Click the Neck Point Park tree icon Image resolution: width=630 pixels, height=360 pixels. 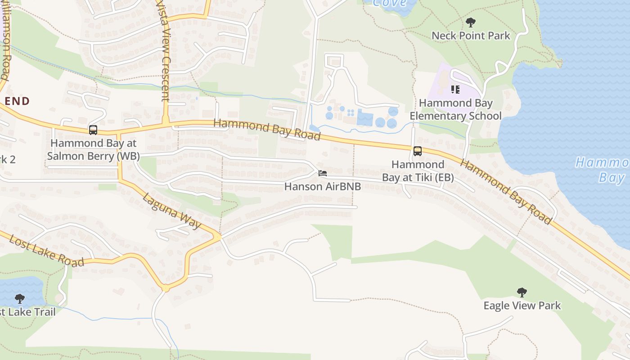tap(471, 22)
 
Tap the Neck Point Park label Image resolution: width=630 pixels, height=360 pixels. tap(471, 36)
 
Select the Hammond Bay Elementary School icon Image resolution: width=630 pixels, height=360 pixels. tap(455, 90)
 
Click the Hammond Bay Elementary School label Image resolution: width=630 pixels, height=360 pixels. tap(455, 109)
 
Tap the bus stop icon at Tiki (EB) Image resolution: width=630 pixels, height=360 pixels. tap(418, 151)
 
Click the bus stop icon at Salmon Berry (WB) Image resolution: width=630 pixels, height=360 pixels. tap(93, 130)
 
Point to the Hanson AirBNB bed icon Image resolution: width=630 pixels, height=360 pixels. tap(322, 173)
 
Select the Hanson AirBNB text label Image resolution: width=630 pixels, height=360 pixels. tap(323, 186)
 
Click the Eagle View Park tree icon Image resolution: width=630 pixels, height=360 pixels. tap(522, 292)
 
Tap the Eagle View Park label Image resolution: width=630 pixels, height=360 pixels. tap(522, 306)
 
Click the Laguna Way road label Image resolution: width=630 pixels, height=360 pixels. tap(171, 211)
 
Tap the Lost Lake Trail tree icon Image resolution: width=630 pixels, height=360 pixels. tap(19, 298)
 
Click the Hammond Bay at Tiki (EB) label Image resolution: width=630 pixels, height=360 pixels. tap(418, 171)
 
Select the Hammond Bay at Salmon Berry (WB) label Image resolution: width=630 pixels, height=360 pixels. tap(93, 150)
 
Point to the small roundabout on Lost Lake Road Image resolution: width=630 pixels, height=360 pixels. tap(166, 288)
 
